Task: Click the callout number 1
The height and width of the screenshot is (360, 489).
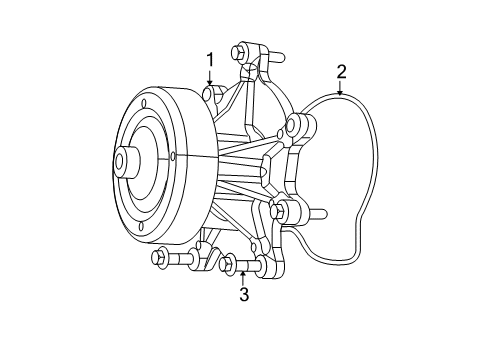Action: click(x=210, y=60)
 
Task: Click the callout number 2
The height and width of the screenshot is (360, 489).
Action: click(x=341, y=71)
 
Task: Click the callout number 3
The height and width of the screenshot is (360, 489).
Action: click(x=243, y=294)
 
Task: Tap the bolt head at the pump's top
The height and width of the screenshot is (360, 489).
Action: click(x=240, y=54)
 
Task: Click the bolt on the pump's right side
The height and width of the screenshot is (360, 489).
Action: click(x=294, y=125)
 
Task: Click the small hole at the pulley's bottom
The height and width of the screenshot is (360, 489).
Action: click(x=141, y=227)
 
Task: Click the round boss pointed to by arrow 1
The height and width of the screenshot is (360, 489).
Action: click(x=210, y=95)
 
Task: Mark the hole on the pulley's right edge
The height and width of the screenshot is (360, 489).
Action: click(x=173, y=156)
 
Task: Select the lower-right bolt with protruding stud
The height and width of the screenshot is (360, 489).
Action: click(x=281, y=211)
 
